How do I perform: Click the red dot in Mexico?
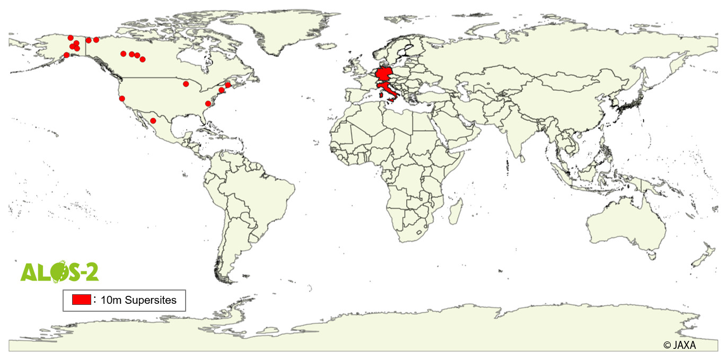(x=153, y=121)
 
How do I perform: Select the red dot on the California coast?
(x=122, y=99)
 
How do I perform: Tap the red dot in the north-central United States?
(x=186, y=84)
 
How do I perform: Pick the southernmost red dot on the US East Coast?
(x=208, y=103)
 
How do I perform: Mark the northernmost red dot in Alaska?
(x=71, y=38)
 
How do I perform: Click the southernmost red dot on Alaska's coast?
(x=66, y=55)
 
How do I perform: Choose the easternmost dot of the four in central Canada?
(x=143, y=59)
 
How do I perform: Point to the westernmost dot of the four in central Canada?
(x=123, y=54)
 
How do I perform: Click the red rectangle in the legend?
(x=82, y=300)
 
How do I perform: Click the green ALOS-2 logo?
(x=58, y=271)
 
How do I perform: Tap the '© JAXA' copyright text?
(x=680, y=345)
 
